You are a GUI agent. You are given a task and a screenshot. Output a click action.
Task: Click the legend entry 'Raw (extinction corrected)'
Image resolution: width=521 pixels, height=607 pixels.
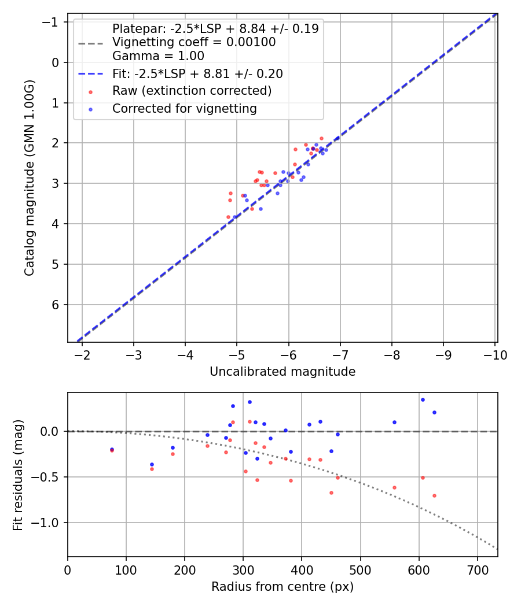[x=192, y=91]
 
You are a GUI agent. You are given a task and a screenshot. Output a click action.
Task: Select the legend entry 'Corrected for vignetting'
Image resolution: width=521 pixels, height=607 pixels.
[x=184, y=108]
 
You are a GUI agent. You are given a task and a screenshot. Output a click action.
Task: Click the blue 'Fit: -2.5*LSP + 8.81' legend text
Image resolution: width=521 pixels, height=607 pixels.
[x=197, y=73]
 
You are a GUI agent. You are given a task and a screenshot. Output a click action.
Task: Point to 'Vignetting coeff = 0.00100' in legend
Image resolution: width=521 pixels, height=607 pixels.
[x=193, y=42]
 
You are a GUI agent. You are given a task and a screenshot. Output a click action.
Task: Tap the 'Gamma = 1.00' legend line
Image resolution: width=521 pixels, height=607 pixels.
[x=158, y=56]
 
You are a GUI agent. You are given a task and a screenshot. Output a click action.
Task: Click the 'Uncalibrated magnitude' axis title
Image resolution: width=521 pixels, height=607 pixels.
[x=282, y=372]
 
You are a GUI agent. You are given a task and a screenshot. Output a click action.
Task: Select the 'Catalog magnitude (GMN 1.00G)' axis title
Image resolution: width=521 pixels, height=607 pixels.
[x=30, y=177]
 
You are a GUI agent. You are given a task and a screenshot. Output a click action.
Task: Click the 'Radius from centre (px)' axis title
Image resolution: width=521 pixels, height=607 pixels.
[x=282, y=587]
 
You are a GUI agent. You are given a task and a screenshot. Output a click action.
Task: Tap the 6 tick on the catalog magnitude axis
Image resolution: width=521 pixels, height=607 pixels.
[x=55, y=305]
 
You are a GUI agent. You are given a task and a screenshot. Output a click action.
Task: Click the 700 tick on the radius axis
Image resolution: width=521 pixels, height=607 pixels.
[x=477, y=569]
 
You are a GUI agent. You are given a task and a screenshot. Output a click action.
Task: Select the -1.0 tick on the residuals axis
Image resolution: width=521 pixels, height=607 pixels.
[x=49, y=523]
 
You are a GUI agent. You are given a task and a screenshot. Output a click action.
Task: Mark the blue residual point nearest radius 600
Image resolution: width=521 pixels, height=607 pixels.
[x=423, y=399]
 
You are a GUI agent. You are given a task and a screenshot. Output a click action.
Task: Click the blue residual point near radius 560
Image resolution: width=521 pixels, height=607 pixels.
[x=394, y=422]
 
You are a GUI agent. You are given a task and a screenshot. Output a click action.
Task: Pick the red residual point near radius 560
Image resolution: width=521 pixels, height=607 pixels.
[x=394, y=487]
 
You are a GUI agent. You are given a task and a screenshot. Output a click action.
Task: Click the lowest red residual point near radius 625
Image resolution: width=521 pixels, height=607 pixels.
[x=434, y=495]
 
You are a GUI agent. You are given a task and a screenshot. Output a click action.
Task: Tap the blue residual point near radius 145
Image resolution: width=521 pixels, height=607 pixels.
[x=152, y=464]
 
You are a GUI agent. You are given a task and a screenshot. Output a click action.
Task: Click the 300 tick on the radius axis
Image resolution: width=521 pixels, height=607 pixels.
[x=243, y=569]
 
